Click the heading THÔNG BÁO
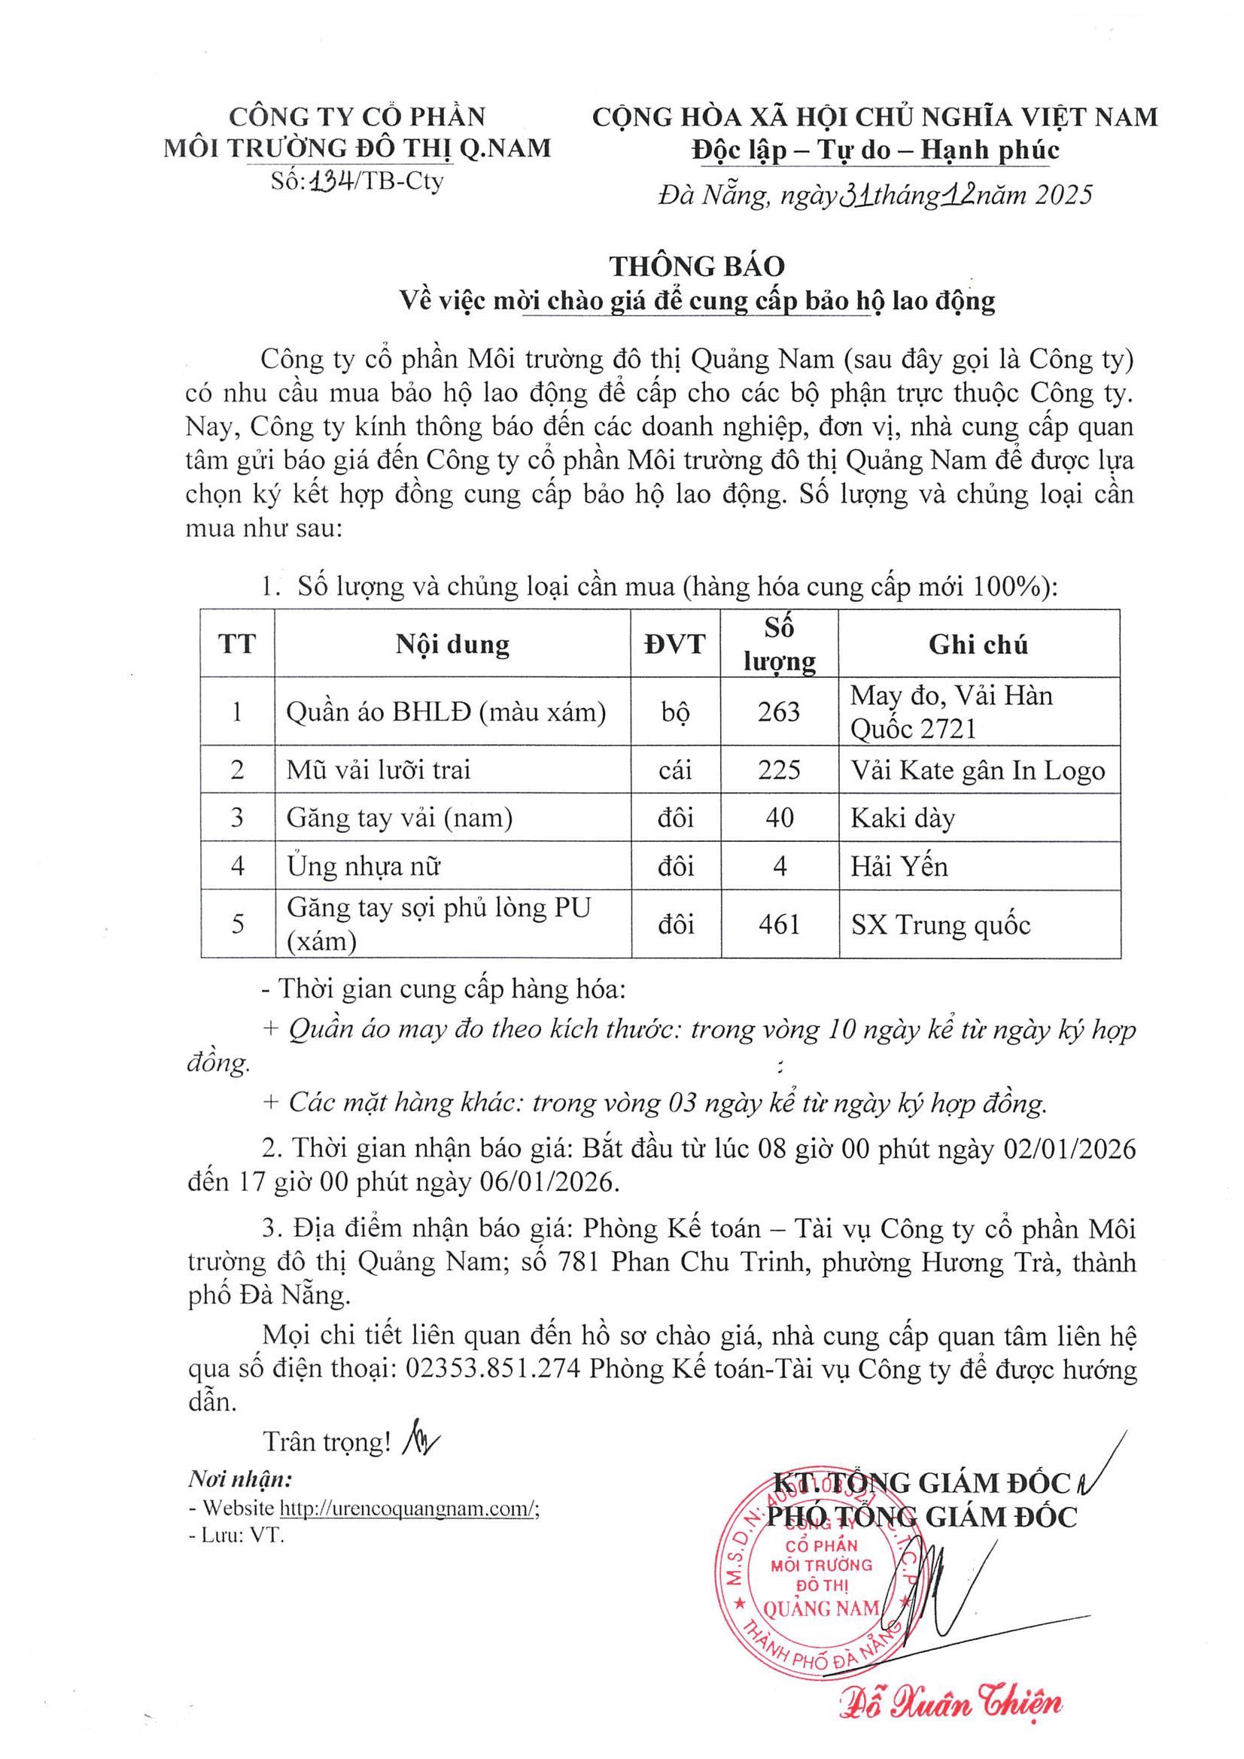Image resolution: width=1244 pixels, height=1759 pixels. [x=697, y=266]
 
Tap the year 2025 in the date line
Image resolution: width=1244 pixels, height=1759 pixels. [x=1062, y=196]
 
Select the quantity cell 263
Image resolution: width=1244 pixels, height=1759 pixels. [x=779, y=712]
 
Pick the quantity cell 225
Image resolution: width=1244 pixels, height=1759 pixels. [x=779, y=769]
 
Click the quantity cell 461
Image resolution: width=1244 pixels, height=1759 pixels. [x=779, y=924]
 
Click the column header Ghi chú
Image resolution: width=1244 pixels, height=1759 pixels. [x=978, y=644]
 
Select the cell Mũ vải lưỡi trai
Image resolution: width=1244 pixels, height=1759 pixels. [x=379, y=769]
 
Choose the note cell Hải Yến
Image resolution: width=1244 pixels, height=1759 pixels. [x=899, y=867]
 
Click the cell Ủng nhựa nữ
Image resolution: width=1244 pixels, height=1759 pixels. [x=364, y=867]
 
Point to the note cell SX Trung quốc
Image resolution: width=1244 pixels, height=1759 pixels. [x=941, y=925]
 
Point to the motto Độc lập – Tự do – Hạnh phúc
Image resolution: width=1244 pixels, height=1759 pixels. [x=874, y=150]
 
